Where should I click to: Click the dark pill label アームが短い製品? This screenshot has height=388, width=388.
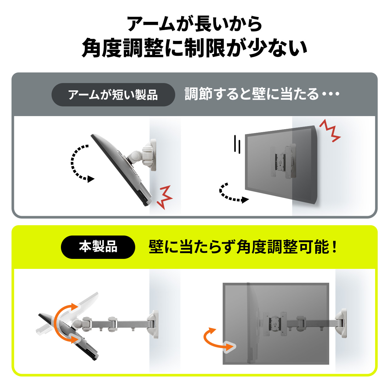pos(113,95)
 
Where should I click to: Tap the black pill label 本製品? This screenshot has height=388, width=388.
pos(98,247)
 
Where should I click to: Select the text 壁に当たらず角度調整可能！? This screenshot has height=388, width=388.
pos(242,247)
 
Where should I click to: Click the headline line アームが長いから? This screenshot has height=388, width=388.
pos(194,24)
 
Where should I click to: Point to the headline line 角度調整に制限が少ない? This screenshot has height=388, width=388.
pos(194,48)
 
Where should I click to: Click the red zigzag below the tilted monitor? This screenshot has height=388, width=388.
pos(165,197)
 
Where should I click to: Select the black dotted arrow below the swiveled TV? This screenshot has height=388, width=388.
pos(232,194)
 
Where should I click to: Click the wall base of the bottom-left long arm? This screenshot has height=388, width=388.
pos(153,323)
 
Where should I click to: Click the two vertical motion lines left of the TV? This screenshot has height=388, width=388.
pos(237,144)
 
